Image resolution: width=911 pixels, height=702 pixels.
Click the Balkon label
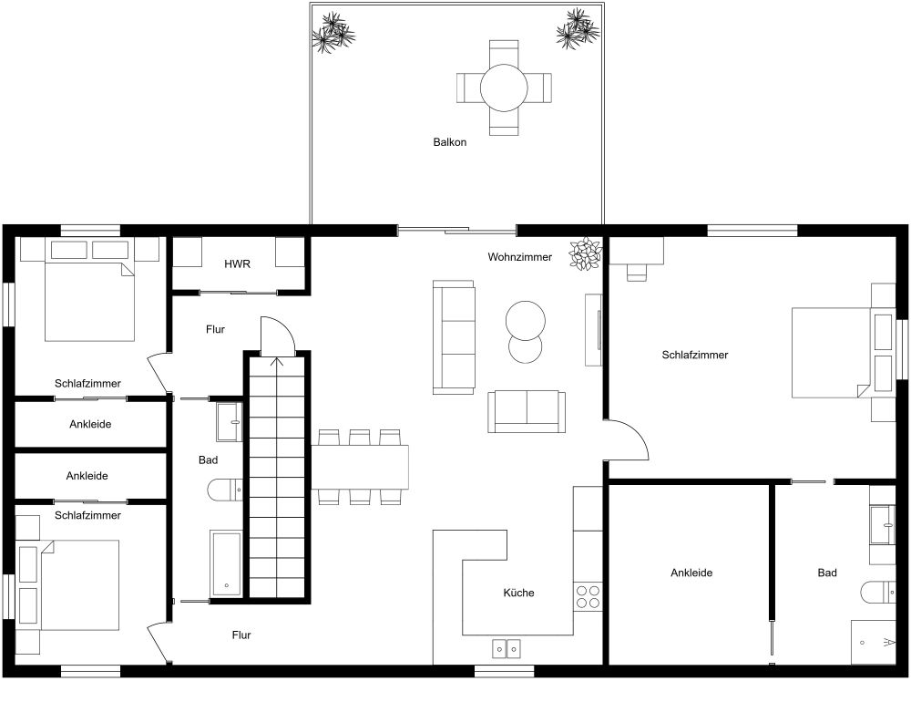449,142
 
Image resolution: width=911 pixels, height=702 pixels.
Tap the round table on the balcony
504,88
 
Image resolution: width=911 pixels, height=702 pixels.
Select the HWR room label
237,263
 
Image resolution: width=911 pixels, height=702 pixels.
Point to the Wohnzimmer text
519,257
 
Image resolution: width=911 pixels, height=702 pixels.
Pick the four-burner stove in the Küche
588,596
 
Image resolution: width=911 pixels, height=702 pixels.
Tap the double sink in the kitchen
506,648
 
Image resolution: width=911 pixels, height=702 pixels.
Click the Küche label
518,593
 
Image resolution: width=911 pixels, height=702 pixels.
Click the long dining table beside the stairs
361,466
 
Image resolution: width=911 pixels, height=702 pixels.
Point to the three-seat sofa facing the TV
454,337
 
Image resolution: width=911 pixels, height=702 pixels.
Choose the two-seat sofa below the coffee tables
527,411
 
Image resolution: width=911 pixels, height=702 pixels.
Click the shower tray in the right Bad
874,643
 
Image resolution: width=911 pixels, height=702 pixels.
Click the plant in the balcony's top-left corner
333,32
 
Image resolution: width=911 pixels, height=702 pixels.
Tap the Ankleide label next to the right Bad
691,573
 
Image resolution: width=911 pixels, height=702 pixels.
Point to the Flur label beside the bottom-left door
241,635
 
